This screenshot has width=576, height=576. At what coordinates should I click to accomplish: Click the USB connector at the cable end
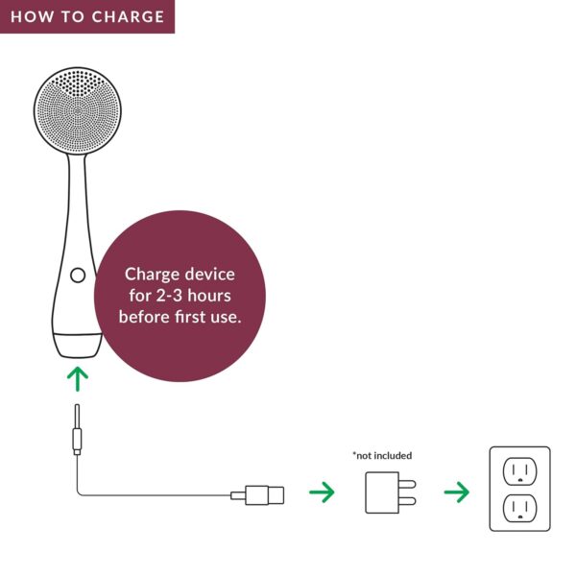[262, 494]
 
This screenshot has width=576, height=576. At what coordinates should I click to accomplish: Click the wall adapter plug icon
[384, 492]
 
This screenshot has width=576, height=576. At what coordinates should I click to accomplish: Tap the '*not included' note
[382, 455]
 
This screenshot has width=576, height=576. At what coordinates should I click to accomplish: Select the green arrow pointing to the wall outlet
[456, 493]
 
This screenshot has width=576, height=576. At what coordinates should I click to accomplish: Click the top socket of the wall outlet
[519, 470]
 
